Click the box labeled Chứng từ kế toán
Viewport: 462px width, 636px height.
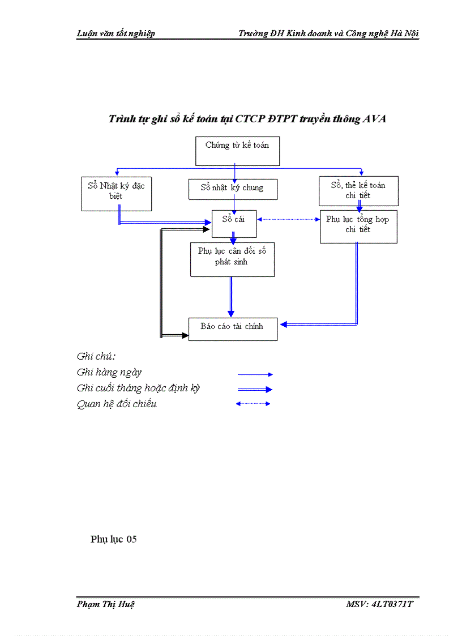(237, 151)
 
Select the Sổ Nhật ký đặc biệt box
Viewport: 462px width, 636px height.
(116, 194)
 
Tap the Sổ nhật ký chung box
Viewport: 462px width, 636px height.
(233, 189)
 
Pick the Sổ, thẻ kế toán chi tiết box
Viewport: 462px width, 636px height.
(358, 191)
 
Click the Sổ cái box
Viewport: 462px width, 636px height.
(234, 224)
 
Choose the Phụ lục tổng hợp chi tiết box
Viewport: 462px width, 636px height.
(358, 227)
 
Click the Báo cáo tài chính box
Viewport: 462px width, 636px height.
(233, 329)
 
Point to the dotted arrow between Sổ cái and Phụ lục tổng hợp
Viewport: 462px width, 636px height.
(288, 219)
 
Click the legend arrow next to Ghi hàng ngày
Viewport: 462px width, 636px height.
(255, 374)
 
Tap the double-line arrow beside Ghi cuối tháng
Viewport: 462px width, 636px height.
(255, 390)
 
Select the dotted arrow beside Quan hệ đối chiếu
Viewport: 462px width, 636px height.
(253, 404)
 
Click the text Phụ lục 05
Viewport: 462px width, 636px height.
(113, 539)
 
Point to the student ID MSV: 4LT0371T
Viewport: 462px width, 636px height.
(379, 604)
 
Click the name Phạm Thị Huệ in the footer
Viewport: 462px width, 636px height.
(105, 604)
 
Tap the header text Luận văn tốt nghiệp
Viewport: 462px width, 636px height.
(115, 33)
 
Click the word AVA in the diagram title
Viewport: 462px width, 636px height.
(374, 119)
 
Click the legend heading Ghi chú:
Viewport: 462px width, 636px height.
(96, 357)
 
